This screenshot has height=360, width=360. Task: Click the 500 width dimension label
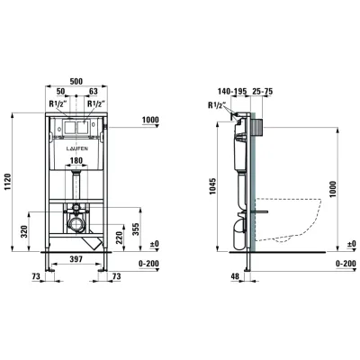click(76, 81)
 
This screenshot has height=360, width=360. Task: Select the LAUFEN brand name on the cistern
click(76, 148)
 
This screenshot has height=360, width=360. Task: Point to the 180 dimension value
click(76, 160)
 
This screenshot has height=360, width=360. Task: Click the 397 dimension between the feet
click(76, 259)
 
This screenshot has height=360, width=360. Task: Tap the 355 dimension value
click(136, 229)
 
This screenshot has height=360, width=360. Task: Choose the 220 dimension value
click(119, 238)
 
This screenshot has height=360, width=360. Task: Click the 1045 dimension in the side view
click(212, 185)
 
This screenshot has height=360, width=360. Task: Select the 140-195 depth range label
click(232, 91)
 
